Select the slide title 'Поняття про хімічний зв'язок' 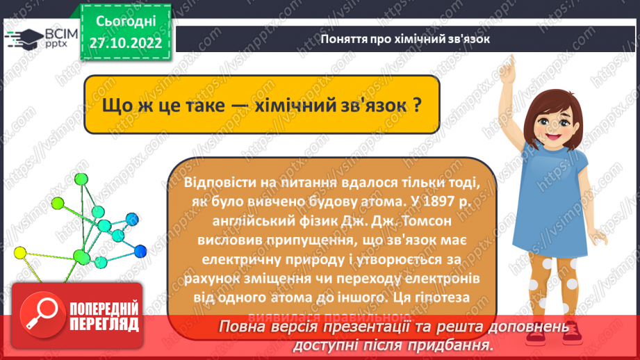click(406, 40)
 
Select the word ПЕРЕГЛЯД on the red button click(104, 324)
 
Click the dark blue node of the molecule click(141, 249)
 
